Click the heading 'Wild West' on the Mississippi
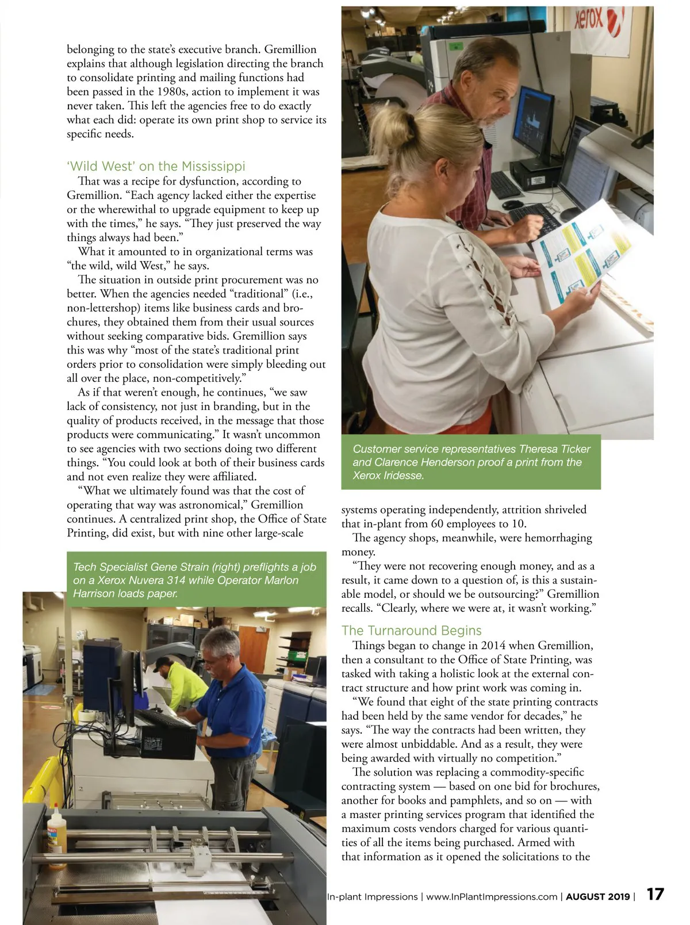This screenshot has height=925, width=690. click(x=156, y=166)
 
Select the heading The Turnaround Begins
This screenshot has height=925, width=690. click(x=411, y=630)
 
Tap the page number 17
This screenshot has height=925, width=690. click(x=655, y=895)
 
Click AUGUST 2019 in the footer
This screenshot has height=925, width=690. click(x=598, y=896)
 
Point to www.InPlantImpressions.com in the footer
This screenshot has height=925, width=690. click(x=492, y=896)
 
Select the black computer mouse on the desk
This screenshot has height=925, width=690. click(x=512, y=204)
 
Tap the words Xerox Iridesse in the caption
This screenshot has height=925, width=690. click(x=388, y=475)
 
